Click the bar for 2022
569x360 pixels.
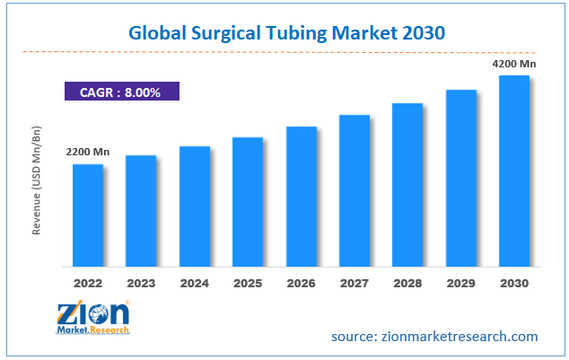(88, 215)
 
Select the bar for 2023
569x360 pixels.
(141, 211)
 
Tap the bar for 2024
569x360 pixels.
(195, 206)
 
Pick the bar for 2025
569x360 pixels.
(248, 202)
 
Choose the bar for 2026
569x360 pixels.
(302, 197)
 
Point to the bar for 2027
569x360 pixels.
(355, 190)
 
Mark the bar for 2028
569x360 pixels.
(407, 185)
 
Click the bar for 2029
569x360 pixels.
(461, 178)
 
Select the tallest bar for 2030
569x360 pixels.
(514, 171)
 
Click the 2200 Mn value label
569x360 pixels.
(88, 153)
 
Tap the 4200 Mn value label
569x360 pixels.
(515, 64)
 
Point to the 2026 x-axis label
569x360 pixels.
(302, 282)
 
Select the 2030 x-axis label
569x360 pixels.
(514, 282)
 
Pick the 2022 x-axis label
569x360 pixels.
(88, 282)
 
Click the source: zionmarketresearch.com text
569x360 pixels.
(434, 337)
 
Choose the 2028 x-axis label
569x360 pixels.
(407, 282)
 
